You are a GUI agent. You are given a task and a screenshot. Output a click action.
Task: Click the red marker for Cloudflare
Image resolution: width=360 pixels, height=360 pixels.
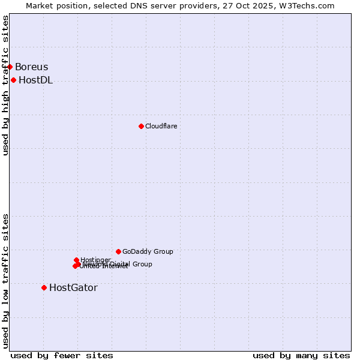pos(141,126)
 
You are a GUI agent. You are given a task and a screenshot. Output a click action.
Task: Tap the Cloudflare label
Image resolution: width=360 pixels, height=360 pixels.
pos(161,126)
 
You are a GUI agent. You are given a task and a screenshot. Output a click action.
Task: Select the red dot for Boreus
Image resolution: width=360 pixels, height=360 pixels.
pos(10,67)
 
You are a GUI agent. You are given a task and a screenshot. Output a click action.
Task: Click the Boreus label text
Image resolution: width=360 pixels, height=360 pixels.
pos(31,67)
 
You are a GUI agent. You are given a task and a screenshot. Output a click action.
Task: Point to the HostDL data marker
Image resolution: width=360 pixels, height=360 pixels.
pos(13,80)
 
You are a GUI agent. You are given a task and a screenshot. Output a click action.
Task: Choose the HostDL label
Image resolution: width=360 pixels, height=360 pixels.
pos(35,80)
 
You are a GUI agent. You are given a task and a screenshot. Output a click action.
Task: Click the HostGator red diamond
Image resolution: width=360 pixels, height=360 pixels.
pos(44,287)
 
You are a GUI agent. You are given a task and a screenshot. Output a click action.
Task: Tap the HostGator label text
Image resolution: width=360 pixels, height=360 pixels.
pos(73,288)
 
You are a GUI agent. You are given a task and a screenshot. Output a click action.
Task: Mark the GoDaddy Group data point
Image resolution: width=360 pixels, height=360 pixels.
pos(118,251)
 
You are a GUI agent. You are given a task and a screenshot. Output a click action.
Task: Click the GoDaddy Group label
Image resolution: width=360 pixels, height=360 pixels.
pos(148,251)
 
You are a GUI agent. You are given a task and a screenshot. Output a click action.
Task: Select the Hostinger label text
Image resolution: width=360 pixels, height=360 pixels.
pos(95,260)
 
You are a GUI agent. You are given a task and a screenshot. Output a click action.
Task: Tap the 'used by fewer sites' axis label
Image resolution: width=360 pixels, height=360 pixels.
pos(62,355)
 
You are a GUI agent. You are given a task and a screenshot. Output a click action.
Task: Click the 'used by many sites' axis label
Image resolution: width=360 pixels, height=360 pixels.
pos(301,355)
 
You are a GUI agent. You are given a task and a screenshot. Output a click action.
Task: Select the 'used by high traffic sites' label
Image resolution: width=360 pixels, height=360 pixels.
pos(5,85)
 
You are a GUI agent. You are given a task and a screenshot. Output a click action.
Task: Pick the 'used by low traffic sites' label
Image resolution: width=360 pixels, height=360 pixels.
pos(5,280)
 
